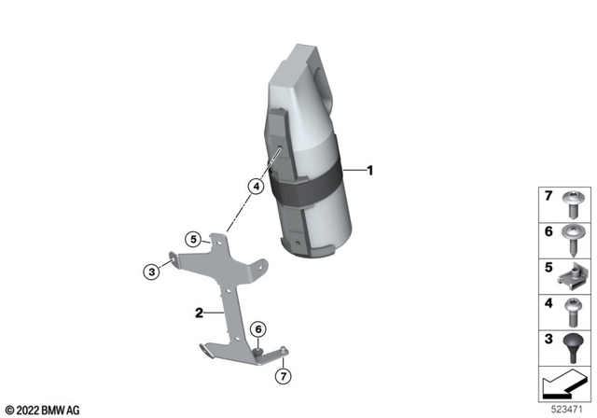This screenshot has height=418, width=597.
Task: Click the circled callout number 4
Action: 254,186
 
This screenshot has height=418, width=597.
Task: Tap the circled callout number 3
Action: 151,272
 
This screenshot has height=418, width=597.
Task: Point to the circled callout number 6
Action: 258,328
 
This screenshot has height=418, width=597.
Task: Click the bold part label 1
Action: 369,171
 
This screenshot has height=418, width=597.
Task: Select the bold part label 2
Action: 199,313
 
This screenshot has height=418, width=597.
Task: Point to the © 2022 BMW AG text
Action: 42,409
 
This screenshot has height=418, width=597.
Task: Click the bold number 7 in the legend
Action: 548,196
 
